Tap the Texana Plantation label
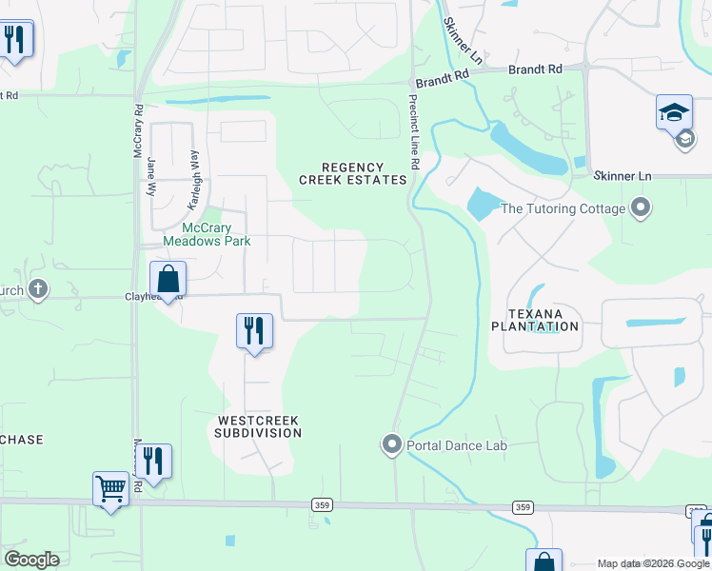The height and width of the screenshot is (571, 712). point(534,320)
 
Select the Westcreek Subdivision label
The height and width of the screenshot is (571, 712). point(258,426)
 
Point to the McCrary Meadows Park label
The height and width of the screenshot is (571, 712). point(207,234)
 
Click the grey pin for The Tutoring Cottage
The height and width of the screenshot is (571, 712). point(641,207)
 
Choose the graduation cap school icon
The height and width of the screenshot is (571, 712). point(674,112)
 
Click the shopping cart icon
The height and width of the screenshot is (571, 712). point(111,489)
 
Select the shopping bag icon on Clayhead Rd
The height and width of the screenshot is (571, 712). point(168,279)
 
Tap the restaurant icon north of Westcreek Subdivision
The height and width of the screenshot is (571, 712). point(254,331)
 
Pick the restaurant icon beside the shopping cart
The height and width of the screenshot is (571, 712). point(153,461)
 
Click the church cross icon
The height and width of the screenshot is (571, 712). point(37,289)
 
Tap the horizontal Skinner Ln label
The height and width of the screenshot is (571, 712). point(622,176)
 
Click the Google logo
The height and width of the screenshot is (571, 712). point(31,560)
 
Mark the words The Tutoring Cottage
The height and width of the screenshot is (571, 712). point(563,208)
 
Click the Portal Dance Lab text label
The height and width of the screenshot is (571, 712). point(457,444)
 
